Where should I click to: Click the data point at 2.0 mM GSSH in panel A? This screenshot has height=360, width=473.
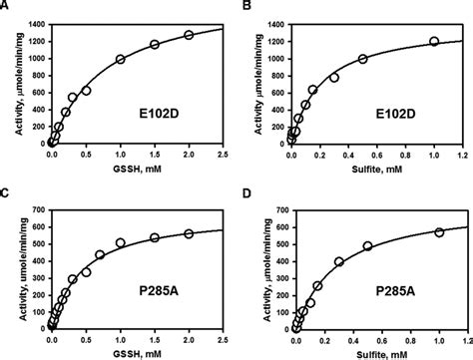click(189, 35)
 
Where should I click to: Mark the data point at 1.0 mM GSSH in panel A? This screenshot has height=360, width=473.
click(121, 59)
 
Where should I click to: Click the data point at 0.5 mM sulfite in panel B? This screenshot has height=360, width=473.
click(363, 59)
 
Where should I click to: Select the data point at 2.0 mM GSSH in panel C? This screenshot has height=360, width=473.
click(189, 233)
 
